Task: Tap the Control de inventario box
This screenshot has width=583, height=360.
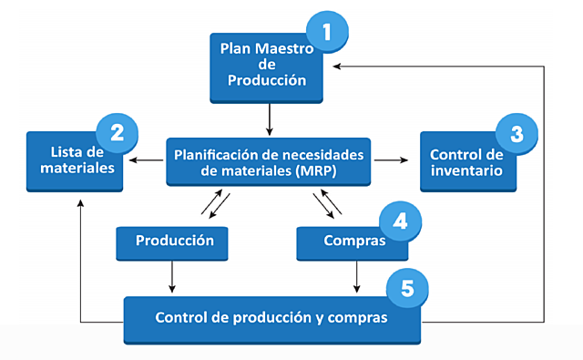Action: (465, 161)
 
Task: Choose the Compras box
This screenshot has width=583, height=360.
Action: (352, 242)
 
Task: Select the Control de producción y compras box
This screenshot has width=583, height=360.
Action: (271, 319)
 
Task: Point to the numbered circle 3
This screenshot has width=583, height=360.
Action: (516, 133)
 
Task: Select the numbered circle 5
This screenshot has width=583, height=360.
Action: (407, 289)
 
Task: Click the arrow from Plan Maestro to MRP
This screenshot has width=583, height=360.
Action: (269, 118)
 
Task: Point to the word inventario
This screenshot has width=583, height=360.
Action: (465, 170)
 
